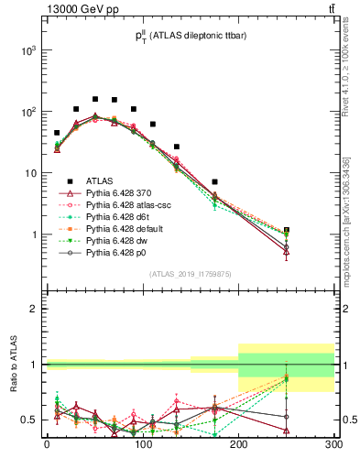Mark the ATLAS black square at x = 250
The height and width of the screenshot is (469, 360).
tap(287, 231)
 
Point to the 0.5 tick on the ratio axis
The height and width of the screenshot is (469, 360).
tap(30, 420)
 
